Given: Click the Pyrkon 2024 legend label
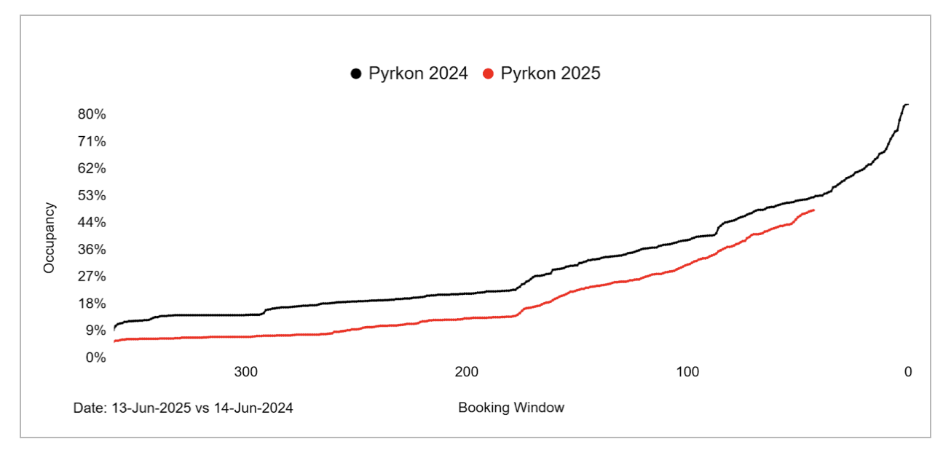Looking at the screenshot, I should click(418, 74).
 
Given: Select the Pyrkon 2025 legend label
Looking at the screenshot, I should click(551, 74).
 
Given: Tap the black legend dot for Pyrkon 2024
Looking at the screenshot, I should click(356, 74).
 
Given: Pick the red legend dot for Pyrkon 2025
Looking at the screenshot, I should click(489, 74).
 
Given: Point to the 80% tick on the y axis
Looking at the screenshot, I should click(92, 114).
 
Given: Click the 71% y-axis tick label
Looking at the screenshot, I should click(92, 141).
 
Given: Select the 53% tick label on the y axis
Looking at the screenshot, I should click(92, 195).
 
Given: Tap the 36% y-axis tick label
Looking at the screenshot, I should click(92, 249).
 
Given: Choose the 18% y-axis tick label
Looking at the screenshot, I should click(92, 304).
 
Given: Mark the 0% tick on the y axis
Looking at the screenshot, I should click(95, 357).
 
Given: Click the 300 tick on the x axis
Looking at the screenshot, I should click(246, 372).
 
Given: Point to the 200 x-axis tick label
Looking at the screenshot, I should click(467, 372).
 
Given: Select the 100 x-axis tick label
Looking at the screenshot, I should click(687, 372).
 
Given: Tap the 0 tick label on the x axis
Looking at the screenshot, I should click(907, 372).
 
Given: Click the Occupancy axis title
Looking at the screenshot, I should click(50, 238).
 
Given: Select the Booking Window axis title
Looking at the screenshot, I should click(511, 408).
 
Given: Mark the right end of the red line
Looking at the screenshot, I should click(813, 210).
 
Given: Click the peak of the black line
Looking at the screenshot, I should click(906, 105).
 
